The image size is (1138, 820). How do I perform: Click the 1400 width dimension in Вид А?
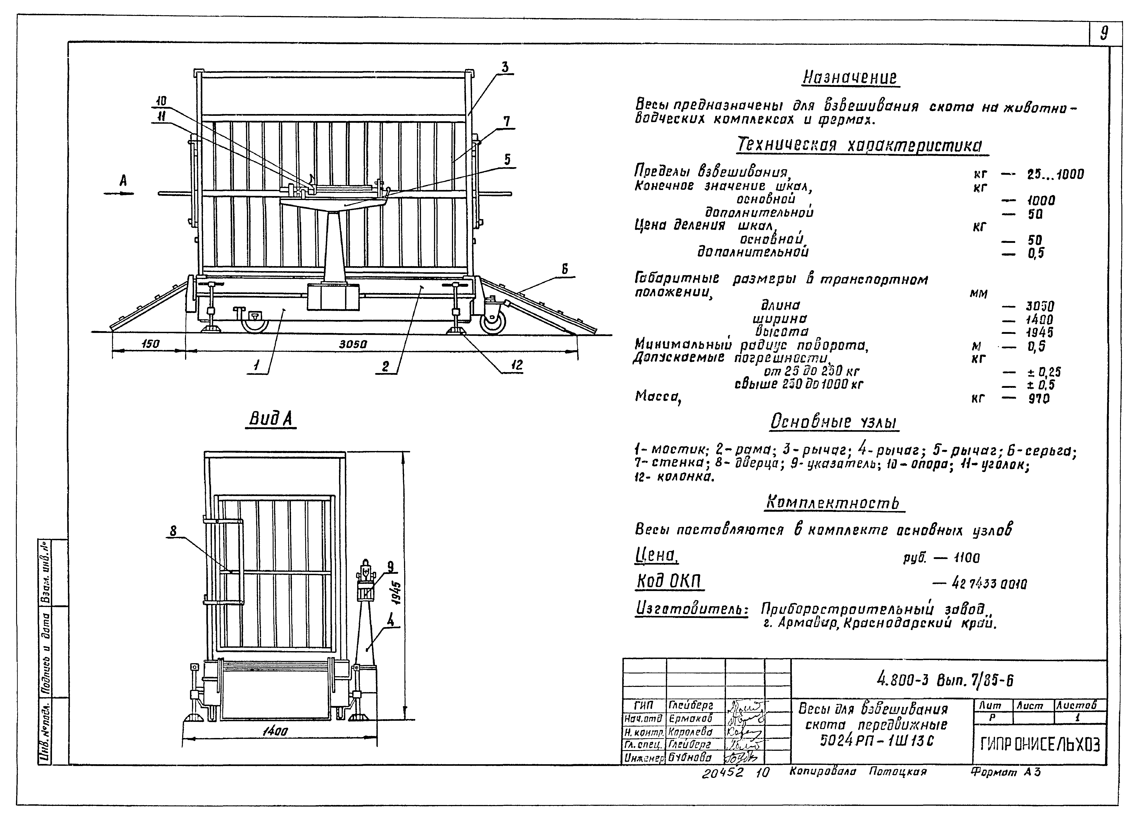pyautogui.click(x=275, y=732)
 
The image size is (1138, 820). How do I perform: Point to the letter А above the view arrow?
pyautogui.click(x=122, y=181)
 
